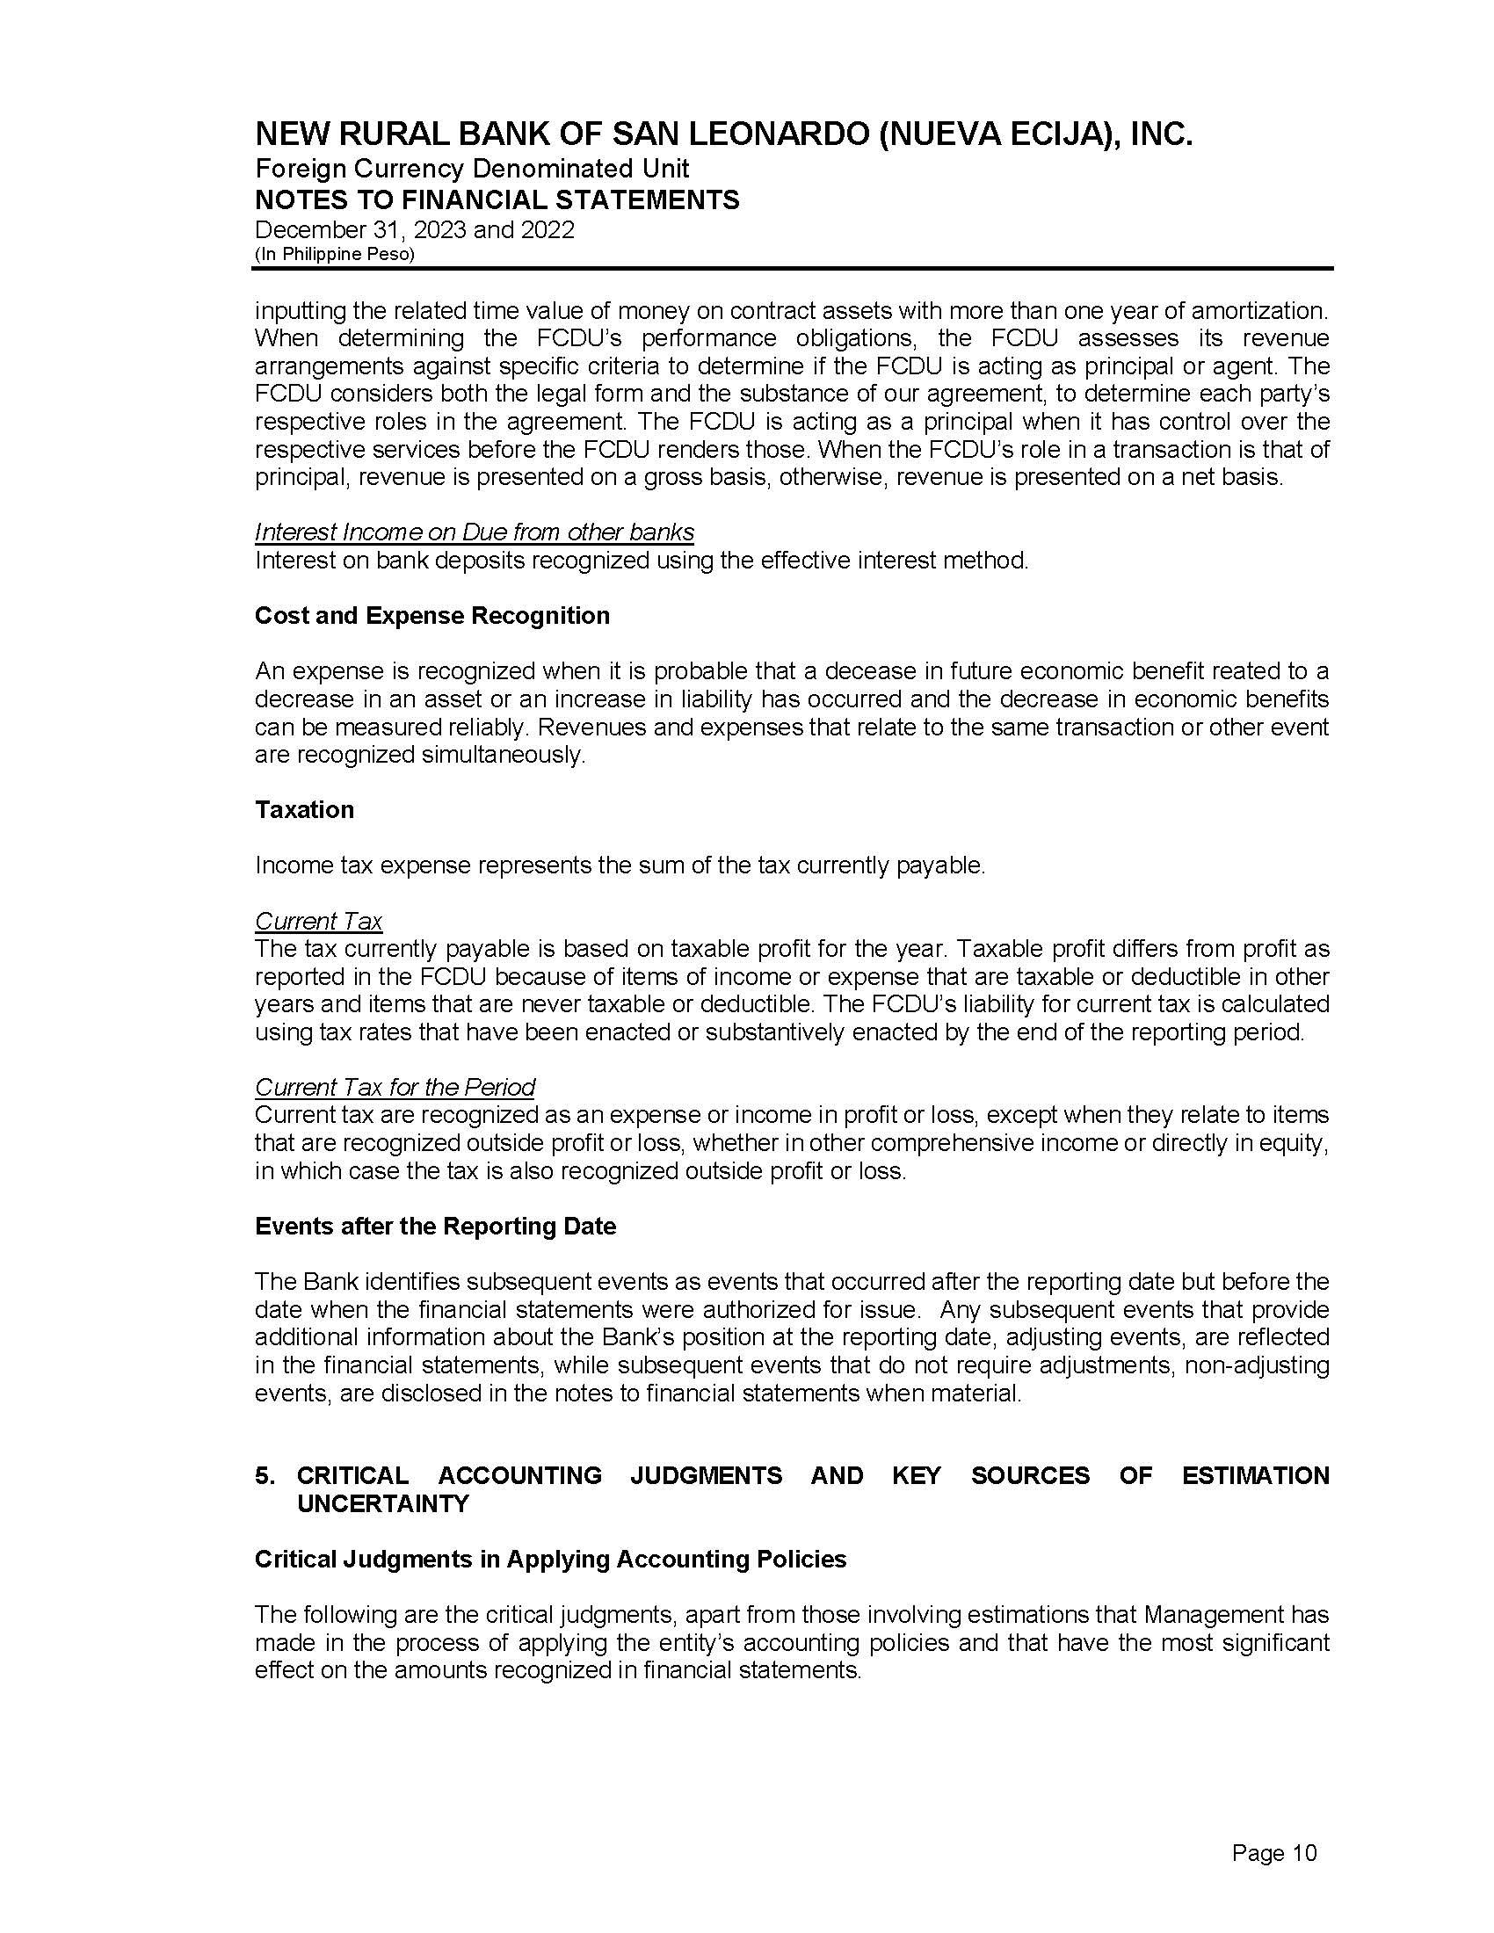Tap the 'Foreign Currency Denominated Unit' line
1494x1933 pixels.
[x=472, y=168]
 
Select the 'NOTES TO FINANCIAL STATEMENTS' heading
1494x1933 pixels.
[x=497, y=200]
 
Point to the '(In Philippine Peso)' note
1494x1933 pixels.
[x=335, y=254]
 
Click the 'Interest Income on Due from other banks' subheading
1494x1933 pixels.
[x=474, y=532]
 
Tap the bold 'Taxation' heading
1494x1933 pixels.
[x=303, y=810]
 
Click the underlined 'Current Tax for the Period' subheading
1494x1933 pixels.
[x=395, y=1087]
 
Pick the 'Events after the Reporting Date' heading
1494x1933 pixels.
[x=434, y=1226]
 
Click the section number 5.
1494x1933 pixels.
[x=264, y=1475]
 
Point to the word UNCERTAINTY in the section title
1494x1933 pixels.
[x=382, y=1503]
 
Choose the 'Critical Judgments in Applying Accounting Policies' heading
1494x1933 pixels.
[x=549, y=1559]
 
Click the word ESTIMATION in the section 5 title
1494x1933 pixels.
[x=1255, y=1475]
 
